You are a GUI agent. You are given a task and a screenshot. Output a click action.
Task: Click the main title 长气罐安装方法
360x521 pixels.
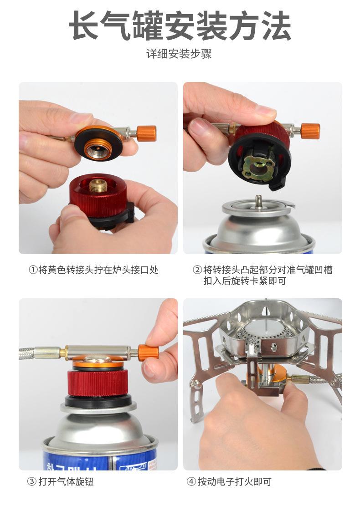click(180, 26)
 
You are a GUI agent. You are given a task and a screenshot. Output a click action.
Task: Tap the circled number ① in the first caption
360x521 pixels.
click(33, 270)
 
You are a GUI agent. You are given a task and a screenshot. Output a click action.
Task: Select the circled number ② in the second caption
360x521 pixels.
click(197, 270)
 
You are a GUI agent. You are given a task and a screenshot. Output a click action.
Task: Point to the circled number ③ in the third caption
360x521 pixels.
click(31, 481)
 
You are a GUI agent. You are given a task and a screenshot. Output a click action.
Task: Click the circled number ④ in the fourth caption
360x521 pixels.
click(191, 481)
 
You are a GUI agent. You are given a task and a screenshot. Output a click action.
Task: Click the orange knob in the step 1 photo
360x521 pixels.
click(146, 133)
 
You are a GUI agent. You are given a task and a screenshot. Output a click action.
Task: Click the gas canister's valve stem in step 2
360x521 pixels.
click(258, 200)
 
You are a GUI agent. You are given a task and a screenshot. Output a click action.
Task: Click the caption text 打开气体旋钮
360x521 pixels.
click(67, 481)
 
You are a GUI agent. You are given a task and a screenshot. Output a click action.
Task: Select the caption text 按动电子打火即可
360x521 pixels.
click(235, 481)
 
